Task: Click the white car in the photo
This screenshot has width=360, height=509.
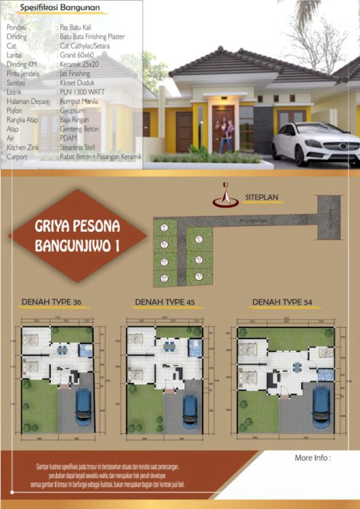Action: click(317, 143)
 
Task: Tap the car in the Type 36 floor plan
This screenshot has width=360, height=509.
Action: click(84, 407)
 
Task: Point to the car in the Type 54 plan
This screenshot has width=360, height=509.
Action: click(321, 406)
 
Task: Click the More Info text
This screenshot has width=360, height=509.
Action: click(313, 458)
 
